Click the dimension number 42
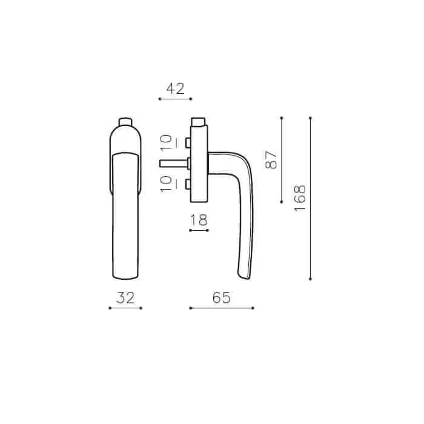176,88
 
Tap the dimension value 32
125,298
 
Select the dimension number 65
222,298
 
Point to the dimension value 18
199,220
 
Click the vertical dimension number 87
271,160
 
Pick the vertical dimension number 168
300,198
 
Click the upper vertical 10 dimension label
166,142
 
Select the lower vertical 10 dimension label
166,184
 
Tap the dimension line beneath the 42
176,99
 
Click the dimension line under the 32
125,308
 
